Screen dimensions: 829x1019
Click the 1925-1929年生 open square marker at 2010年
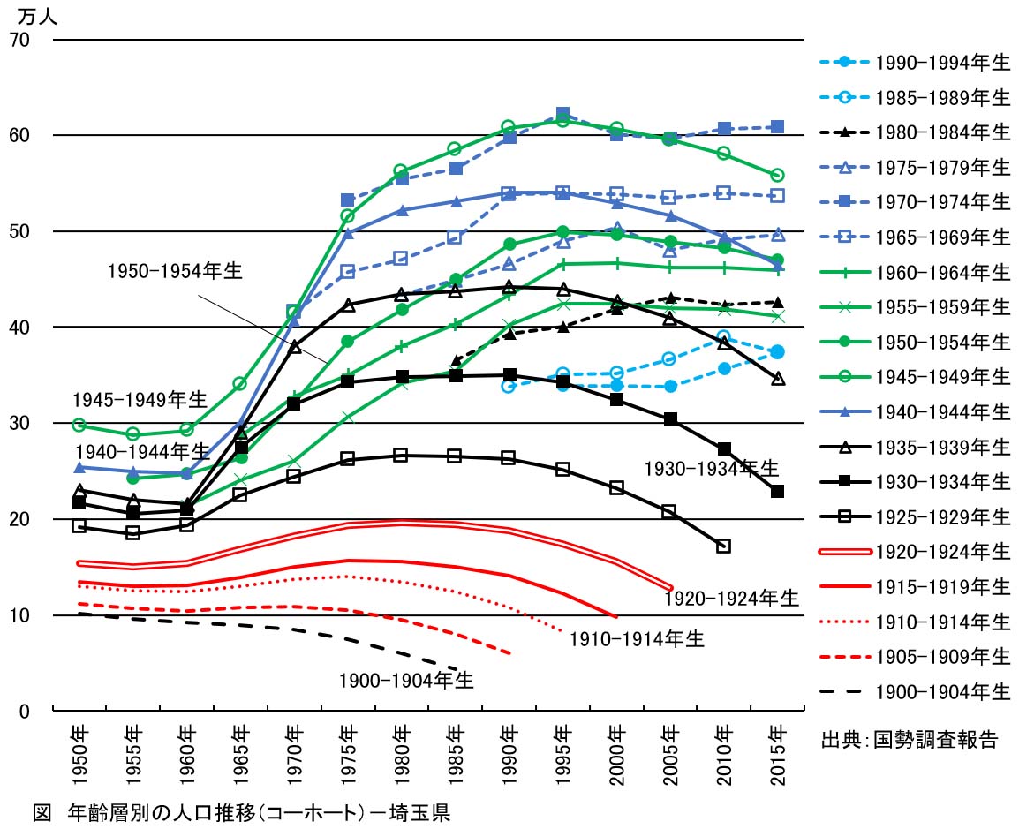tap(724, 546)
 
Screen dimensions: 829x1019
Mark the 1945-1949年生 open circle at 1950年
tap(79, 426)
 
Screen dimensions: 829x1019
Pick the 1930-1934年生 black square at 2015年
tap(778, 491)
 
